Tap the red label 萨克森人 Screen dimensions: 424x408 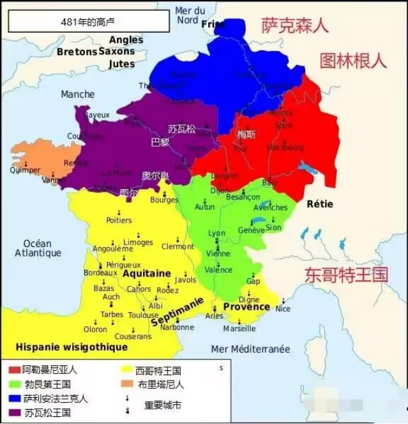294,26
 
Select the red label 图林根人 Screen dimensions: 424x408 353,61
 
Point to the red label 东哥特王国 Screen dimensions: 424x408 346,275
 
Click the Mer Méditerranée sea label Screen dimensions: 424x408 250,349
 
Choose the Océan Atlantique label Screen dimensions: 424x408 38,248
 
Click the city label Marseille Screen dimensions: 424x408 239,329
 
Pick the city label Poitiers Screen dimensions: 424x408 119,220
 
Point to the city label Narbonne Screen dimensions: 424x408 177,327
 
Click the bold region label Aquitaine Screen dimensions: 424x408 146,273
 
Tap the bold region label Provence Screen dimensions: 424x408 246,307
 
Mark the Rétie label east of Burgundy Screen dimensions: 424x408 320,204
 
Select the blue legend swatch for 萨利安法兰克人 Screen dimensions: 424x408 14,398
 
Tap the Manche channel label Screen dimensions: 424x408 77,95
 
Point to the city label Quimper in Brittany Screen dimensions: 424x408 25,170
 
